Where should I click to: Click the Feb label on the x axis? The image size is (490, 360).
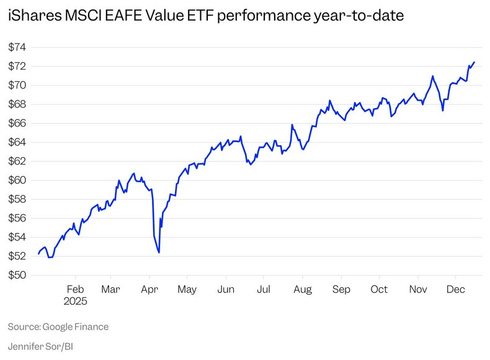[x=76, y=289]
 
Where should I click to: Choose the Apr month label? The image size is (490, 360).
[x=149, y=289]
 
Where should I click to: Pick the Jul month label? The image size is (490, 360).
[x=264, y=289]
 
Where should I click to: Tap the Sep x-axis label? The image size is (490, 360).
[x=341, y=289]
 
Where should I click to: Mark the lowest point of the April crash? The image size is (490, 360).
[x=159, y=253]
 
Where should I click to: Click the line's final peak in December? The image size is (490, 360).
[x=474, y=62]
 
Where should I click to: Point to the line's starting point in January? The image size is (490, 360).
[x=38, y=254]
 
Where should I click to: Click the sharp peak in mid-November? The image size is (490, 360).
[x=432, y=76]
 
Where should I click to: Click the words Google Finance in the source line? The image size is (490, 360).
[x=75, y=326]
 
